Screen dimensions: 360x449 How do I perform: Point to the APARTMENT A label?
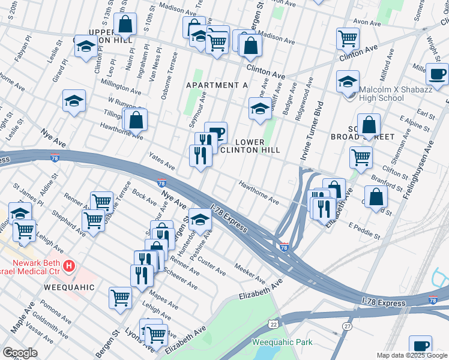[217, 85]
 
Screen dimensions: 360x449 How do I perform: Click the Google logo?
[20, 352]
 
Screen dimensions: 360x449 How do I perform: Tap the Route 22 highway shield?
[273, 324]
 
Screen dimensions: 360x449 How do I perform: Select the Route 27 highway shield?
[347, 325]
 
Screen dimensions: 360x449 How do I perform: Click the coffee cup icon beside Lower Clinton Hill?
[215, 133]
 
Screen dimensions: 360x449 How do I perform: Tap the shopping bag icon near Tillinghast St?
[137, 119]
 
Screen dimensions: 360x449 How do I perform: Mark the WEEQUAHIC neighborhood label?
[69, 287]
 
